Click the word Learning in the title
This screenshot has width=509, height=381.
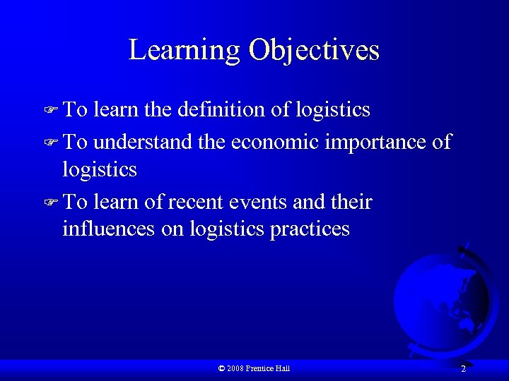point(184,51)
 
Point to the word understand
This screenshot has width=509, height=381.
point(143,142)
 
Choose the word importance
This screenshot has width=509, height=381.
point(376,142)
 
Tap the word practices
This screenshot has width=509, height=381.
point(310,229)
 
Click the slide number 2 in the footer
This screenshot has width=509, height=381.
point(463,369)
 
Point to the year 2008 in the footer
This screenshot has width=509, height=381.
point(236,368)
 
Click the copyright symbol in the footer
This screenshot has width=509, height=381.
point(222,368)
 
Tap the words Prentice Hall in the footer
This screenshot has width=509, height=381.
point(268,368)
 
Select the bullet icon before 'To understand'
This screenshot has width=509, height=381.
point(49,143)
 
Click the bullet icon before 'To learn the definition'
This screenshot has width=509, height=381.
point(49,111)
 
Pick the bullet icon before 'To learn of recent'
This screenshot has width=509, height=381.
point(49,202)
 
